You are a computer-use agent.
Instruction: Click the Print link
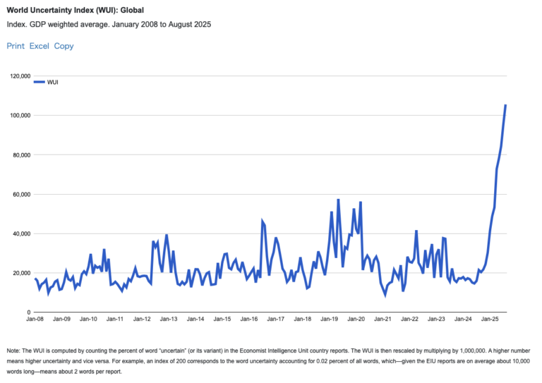point(15,46)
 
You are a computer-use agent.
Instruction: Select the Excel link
point(39,46)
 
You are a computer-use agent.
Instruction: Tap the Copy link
point(64,46)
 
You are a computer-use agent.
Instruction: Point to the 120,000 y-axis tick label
point(16,75)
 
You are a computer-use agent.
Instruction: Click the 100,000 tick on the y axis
point(16,115)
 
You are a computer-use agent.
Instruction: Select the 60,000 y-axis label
point(18,194)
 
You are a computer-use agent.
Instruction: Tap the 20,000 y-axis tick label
point(18,273)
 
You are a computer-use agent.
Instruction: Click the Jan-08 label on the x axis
point(35,319)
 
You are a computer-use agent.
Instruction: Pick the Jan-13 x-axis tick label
point(169,319)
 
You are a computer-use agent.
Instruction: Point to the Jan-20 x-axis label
point(356,319)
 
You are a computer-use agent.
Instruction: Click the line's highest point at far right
point(505,105)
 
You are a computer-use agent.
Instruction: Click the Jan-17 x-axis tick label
point(275,319)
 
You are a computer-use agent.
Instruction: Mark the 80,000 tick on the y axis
point(18,154)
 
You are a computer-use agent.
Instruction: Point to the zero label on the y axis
point(27,312)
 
